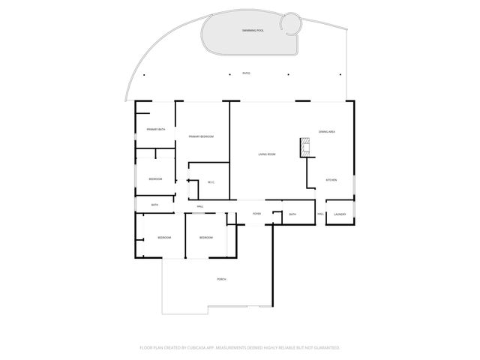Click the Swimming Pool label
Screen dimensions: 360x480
pos(253,30)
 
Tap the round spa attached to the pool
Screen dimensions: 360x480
pos(290,25)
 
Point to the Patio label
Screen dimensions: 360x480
pos(246,73)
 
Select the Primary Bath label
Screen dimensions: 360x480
pos(155,130)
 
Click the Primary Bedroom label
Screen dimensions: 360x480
pos(201,136)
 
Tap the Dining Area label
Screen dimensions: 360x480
pos(326,131)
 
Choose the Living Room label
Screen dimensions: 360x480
pos(267,154)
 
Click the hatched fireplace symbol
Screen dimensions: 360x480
pos(305,147)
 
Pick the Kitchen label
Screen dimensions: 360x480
pos(330,180)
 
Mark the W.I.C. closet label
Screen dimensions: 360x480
pos(211,181)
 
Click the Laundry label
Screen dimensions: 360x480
pos(340,214)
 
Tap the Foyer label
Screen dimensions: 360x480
pos(256,214)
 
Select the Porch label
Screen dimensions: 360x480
pos(221,279)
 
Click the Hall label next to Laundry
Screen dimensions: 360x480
pos(320,214)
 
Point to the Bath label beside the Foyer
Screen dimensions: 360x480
pos(292,214)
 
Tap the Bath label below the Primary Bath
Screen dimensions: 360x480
pos(154,205)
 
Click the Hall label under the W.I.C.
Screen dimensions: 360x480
pos(200,206)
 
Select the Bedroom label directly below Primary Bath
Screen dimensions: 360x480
pos(155,178)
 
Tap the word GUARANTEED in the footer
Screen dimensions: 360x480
pos(325,348)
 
